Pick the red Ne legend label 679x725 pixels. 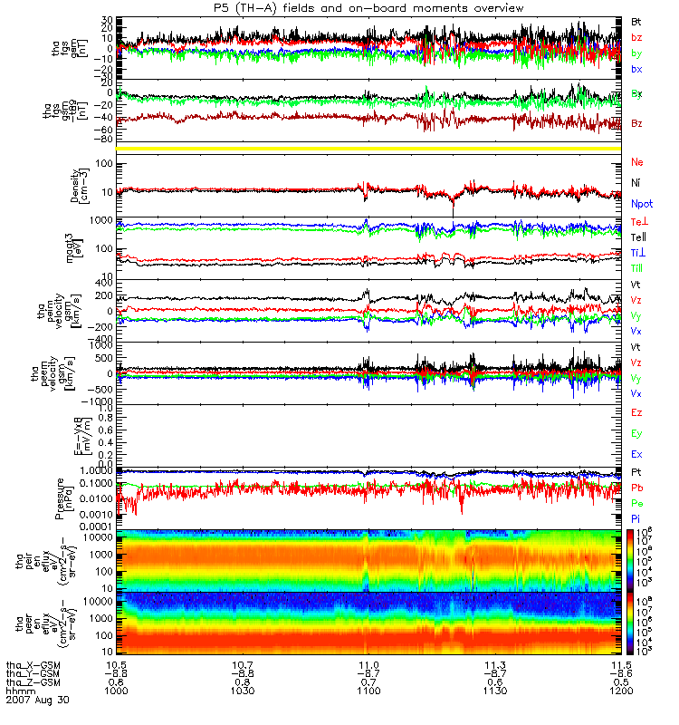[x=636, y=162]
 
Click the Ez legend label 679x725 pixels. [x=636, y=412]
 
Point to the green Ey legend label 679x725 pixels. [x=636, y=433]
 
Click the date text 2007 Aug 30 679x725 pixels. [x=37, y=701]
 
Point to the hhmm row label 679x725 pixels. [x=20, y=691]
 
